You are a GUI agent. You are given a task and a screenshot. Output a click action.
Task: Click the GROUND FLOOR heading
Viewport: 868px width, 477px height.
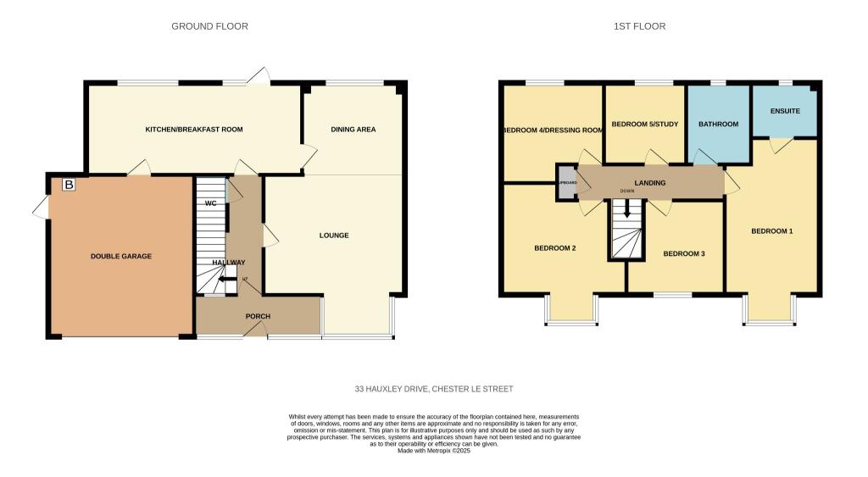tap(209, 26)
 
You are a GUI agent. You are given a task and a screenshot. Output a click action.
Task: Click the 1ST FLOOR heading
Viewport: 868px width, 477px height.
tap(639, 26)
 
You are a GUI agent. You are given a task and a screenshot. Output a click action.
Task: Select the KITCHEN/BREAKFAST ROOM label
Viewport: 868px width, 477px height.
tap(194, 130)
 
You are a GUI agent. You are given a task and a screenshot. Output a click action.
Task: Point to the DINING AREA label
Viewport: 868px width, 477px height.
tap(353, 130)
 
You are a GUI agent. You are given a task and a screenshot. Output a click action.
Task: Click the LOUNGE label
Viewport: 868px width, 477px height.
tap(334, 236)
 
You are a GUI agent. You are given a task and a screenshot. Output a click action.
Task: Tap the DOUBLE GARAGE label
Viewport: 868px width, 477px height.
tap(121, 256)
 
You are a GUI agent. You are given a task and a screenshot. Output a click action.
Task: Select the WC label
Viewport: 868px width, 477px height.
tap(210, 203)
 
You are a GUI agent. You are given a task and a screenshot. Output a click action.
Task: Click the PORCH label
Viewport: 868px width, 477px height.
tap(258, 316)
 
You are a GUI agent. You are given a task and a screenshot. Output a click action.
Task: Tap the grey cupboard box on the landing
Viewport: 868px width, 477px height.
tap(566, 183)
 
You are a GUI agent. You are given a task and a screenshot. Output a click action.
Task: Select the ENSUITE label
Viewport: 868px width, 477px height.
tap(785, 112)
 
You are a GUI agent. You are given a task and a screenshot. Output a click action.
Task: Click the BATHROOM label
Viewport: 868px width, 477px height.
tap(718, 125)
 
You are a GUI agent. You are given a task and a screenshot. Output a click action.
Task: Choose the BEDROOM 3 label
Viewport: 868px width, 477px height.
tap(684, 253)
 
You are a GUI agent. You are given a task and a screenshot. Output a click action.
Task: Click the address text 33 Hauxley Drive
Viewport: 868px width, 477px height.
tap(434, 389)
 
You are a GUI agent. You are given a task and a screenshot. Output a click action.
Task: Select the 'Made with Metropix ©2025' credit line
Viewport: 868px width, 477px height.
tap(434, 451)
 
